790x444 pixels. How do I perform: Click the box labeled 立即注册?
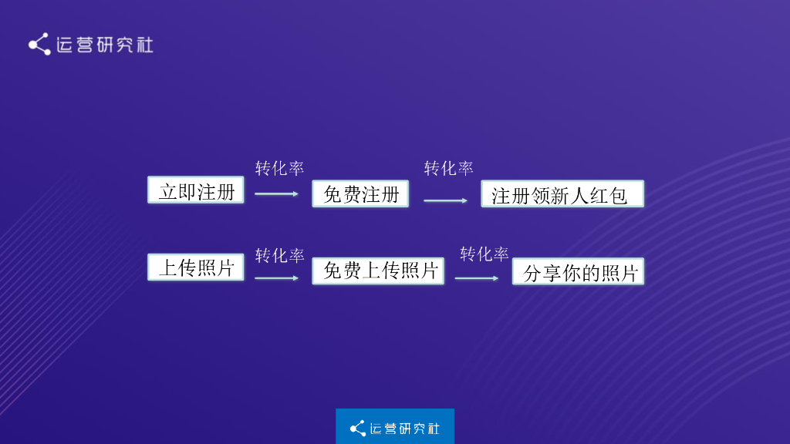click(196, 190)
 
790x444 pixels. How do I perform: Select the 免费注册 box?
click(360, 193)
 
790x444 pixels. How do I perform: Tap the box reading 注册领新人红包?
click(562, 194)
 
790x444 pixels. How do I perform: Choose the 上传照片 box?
click(196, 267)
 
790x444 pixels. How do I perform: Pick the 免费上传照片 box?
click(378, 271)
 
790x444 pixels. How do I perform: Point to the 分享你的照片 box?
click(578, 272)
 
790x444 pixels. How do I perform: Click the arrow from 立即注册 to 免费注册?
click(276, 193)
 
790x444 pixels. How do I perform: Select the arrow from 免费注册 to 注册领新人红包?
click(445, 200)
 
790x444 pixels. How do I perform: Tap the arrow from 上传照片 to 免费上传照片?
click(276, 277)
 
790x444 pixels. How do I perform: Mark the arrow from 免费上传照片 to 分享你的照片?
click(476, 277)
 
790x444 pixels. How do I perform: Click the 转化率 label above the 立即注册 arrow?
click(279, 168)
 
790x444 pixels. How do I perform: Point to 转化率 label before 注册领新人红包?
click(448, 168)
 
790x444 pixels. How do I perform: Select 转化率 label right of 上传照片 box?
click(279, 255)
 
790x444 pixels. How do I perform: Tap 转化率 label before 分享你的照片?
click(484, 254)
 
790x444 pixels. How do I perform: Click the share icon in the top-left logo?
click(39, 44)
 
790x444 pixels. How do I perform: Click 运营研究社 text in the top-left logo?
click(105, 45)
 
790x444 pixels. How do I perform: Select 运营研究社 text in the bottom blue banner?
click(405, 428)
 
